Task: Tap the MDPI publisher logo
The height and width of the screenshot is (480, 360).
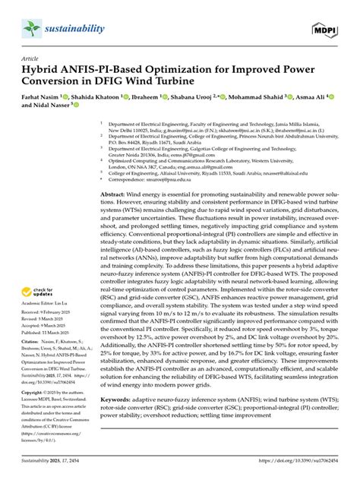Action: coord(325,30)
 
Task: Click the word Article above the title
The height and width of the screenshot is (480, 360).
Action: coord(30,57)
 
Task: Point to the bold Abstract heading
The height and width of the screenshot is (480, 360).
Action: coord(117,195)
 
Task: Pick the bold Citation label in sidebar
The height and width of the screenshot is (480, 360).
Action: coord(32,343)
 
